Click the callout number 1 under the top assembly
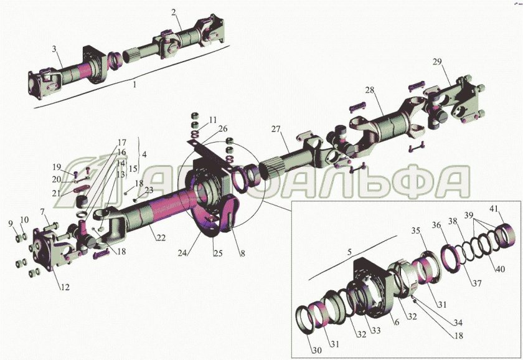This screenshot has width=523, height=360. [x=134, y=85]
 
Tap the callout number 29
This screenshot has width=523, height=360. [x=437, y=62]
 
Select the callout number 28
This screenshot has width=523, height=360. [x=370, y=90]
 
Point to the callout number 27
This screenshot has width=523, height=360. [x=276, y=129]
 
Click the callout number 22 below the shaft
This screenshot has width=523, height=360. [x=161, y=237]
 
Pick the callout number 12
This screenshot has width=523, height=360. [x=65, y=287]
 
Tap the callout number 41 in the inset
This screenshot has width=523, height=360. [x=494, y=209]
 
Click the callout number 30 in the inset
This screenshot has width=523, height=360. [x=317, y=350]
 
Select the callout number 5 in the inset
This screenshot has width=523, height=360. [x=349, y=252]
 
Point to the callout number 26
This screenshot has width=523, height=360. [x=223, y=129]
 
